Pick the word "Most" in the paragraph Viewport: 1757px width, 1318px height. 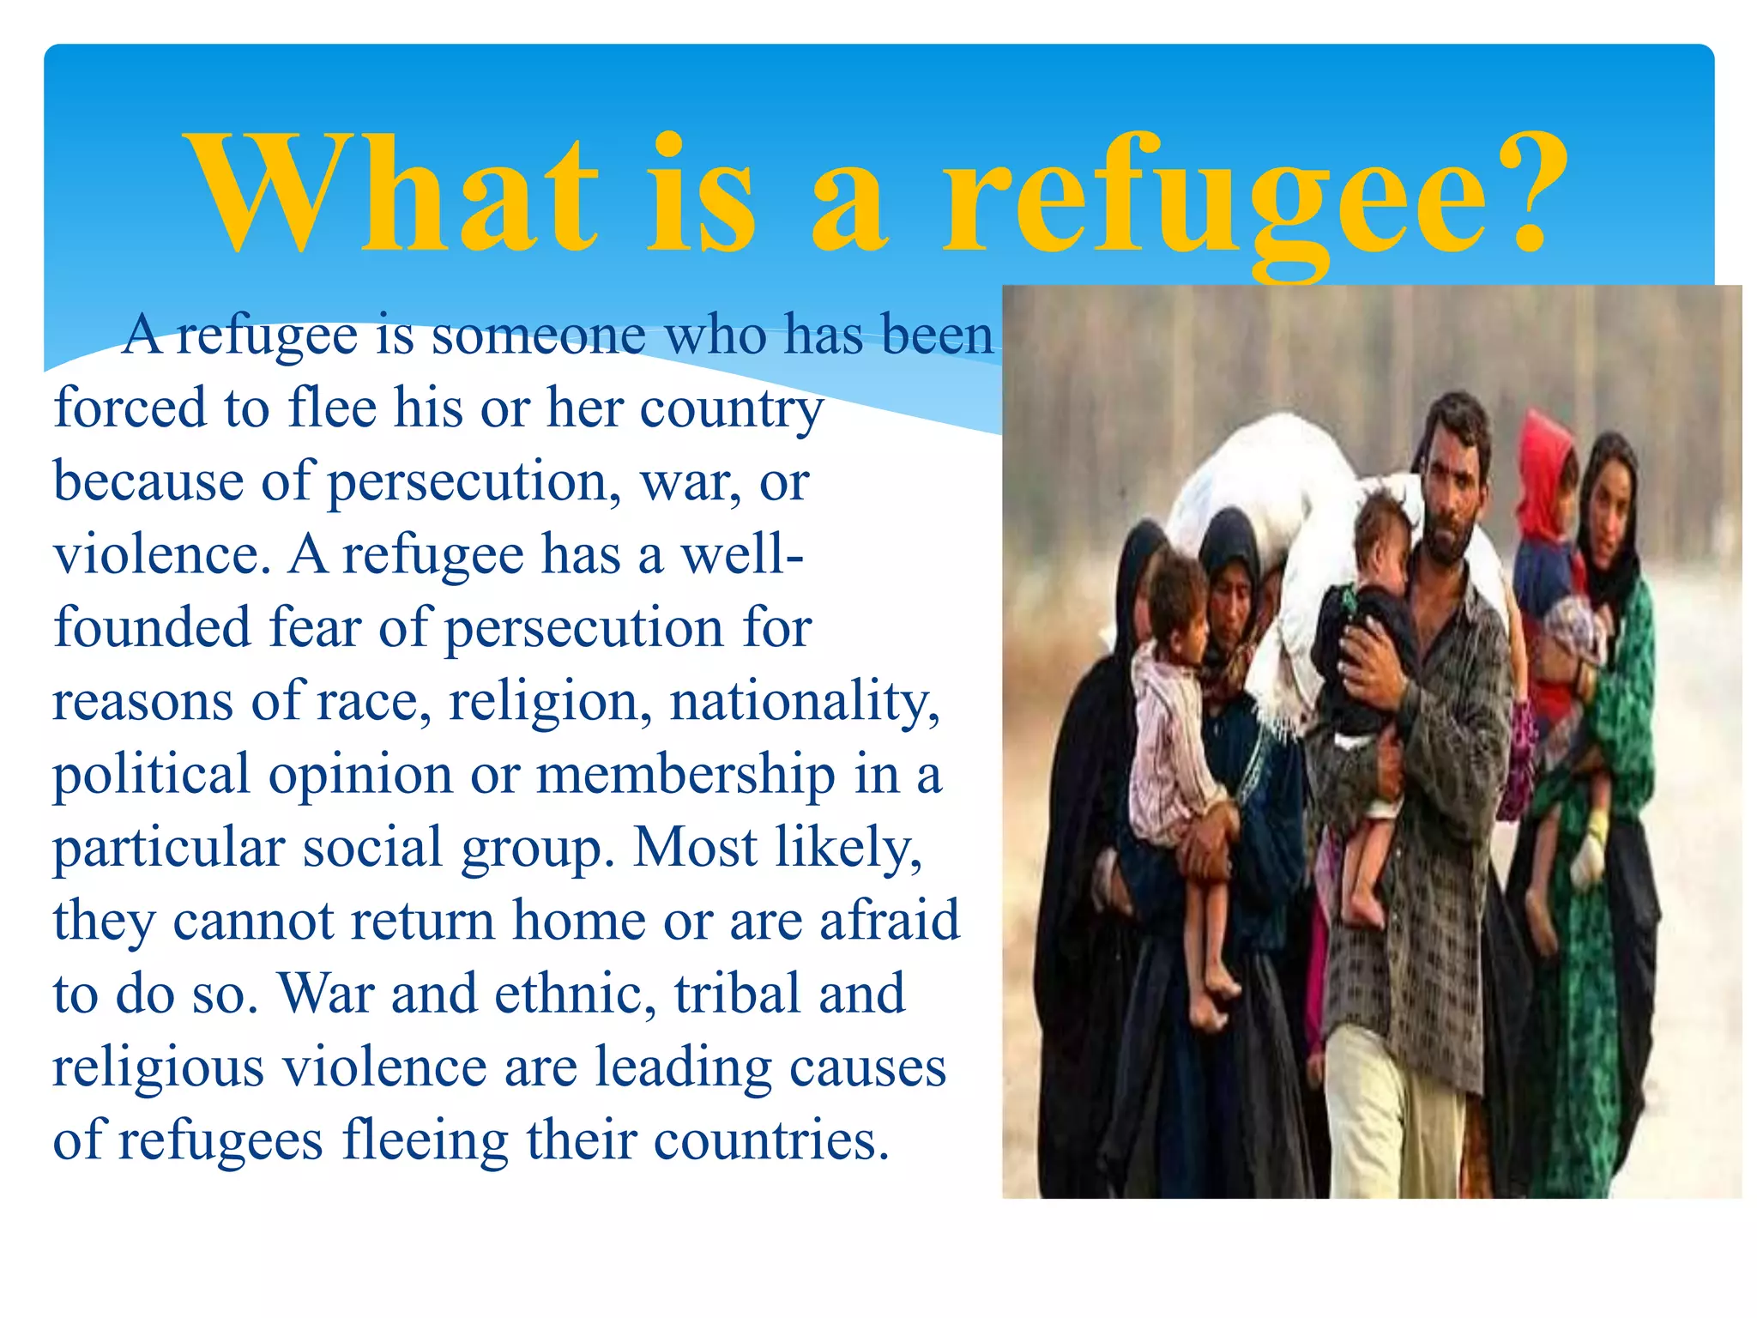click(696, 848)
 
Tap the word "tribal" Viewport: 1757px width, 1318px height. click(737, 995)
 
